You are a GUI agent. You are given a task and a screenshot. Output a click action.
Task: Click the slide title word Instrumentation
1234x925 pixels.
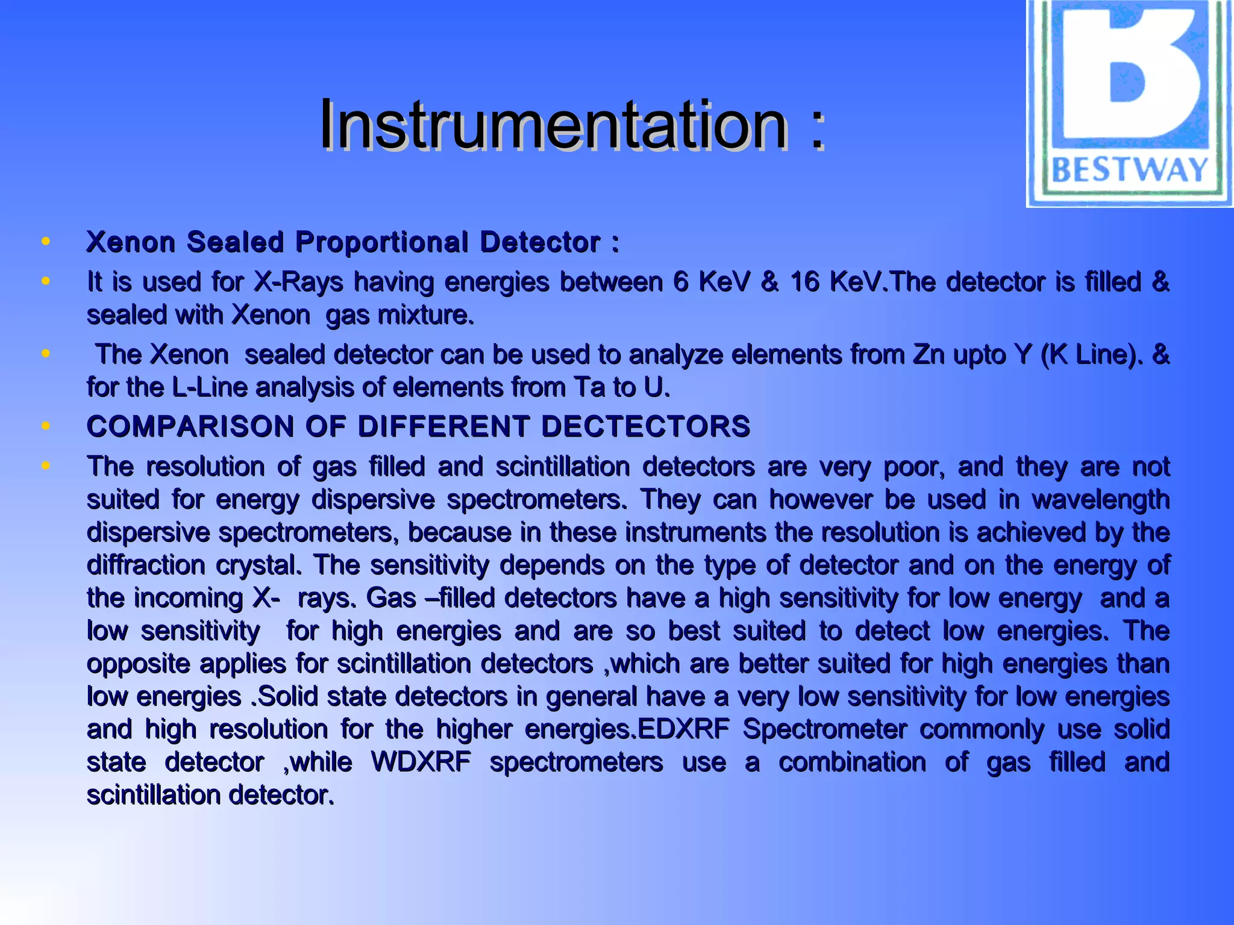pos(553,125)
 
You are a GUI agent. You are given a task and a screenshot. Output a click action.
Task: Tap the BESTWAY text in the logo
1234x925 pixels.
pos(1130,170)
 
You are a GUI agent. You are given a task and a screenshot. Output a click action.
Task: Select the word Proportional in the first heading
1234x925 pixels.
pos(381,242)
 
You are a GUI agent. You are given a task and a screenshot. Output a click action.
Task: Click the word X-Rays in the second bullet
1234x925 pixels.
pos(298,282)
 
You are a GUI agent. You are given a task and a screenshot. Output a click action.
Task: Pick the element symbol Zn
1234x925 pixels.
pos(929,355)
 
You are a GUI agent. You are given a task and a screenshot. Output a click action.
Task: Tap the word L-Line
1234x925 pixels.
pos(210,387)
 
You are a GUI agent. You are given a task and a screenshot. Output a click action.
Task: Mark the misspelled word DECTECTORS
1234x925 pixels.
pos(645,426)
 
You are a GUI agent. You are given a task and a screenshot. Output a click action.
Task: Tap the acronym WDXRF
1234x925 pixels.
pos(421,762)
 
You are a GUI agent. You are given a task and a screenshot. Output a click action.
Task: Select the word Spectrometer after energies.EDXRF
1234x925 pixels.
pos(824,729)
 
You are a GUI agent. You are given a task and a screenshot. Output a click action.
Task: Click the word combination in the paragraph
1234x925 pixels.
pos(852,762)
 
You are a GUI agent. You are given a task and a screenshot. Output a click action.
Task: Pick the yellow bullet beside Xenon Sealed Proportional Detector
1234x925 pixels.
pos(45,241)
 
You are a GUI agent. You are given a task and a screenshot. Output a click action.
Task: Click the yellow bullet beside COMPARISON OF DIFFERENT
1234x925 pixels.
pos(45,426)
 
